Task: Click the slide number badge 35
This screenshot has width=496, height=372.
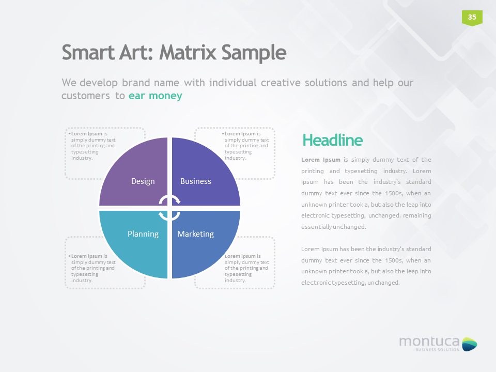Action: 472,17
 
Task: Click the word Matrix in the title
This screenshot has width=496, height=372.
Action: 189,52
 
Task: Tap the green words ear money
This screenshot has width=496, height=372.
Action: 156,96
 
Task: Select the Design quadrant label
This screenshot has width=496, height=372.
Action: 143,181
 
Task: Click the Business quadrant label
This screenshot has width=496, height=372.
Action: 196,181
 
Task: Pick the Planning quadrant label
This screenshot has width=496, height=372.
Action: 143,234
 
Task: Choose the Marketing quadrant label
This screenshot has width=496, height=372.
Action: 195,234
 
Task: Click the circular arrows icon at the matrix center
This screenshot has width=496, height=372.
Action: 169,207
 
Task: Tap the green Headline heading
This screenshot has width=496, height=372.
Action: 332,140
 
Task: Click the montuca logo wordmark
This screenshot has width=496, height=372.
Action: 429,341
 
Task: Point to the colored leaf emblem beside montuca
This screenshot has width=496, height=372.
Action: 469,344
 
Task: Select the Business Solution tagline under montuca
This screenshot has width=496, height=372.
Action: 438,350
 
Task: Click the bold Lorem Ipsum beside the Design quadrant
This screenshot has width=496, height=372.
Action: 87,134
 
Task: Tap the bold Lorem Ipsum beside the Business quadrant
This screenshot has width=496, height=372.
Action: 240,134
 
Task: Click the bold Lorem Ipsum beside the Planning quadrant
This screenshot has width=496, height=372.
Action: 87,256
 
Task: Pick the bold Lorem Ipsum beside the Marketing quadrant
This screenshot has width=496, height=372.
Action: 240,256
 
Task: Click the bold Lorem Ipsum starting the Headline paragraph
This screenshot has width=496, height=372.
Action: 321,160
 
